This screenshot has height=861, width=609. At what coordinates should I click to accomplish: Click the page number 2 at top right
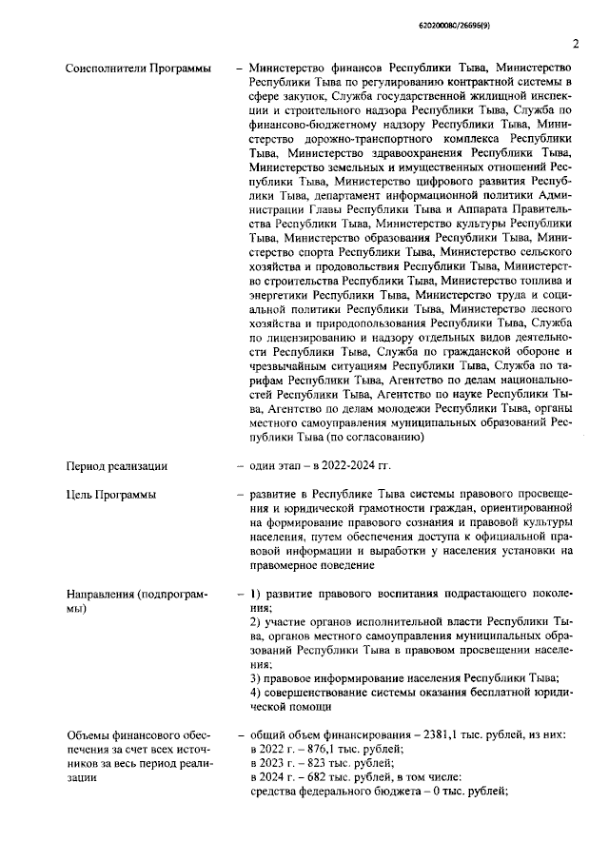576,43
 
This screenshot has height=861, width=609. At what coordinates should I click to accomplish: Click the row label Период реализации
116,465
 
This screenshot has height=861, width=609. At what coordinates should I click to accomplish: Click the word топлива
543,281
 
